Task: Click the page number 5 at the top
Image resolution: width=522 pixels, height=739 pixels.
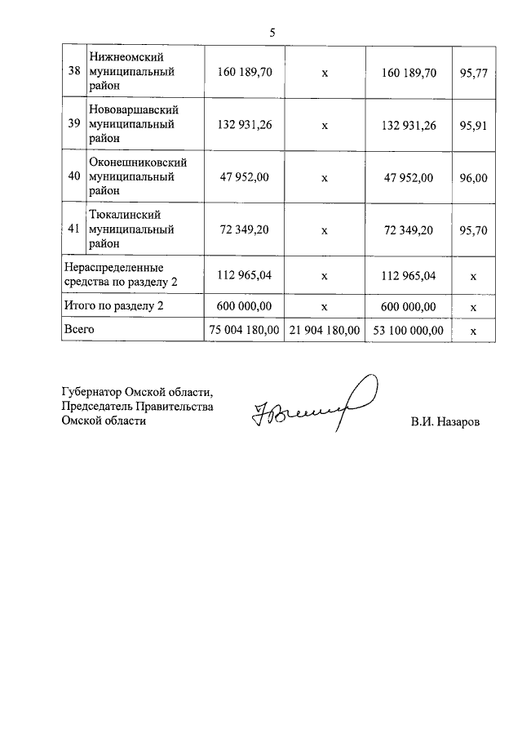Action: tap(272, 33)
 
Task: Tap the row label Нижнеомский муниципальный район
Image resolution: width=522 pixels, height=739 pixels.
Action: tap(130, 72)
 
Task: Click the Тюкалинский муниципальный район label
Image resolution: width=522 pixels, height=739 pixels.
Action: tap(130, 229)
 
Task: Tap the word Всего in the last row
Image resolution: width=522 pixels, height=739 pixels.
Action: tap(79, 329)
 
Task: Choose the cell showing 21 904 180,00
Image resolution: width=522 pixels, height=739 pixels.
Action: tap(324, 330)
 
